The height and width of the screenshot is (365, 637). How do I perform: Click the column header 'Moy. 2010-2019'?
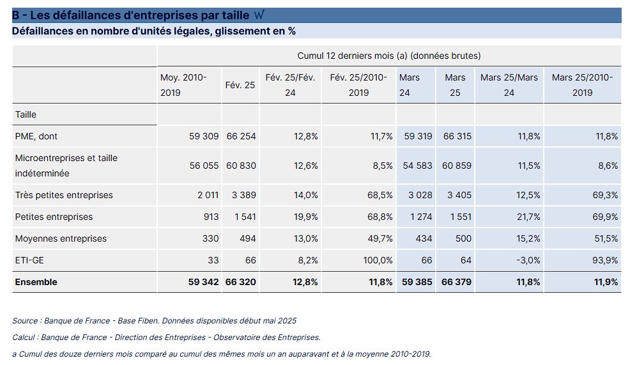[183, 85]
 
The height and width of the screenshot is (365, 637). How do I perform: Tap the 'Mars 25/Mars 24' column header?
[509, 85]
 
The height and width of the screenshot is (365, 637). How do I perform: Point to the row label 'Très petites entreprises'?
[64, 195]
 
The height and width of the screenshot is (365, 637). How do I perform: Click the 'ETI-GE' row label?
[29, 260]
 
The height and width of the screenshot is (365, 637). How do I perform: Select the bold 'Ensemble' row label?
[36, 282]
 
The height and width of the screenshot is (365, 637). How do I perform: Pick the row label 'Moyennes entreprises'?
[61, 238]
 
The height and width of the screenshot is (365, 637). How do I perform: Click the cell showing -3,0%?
[527, 260]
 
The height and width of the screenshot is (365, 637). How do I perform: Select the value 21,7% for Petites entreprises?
[527, 217]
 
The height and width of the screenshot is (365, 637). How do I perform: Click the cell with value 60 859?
[456, 166]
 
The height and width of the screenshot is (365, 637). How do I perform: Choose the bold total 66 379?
[456, 282]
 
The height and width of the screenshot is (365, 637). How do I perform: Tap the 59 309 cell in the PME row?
[204, 136]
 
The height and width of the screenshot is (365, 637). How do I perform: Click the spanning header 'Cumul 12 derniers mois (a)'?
[388, 56]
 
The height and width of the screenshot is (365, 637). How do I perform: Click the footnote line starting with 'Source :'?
[154, 320]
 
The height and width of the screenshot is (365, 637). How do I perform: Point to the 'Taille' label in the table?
[26, 114]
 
